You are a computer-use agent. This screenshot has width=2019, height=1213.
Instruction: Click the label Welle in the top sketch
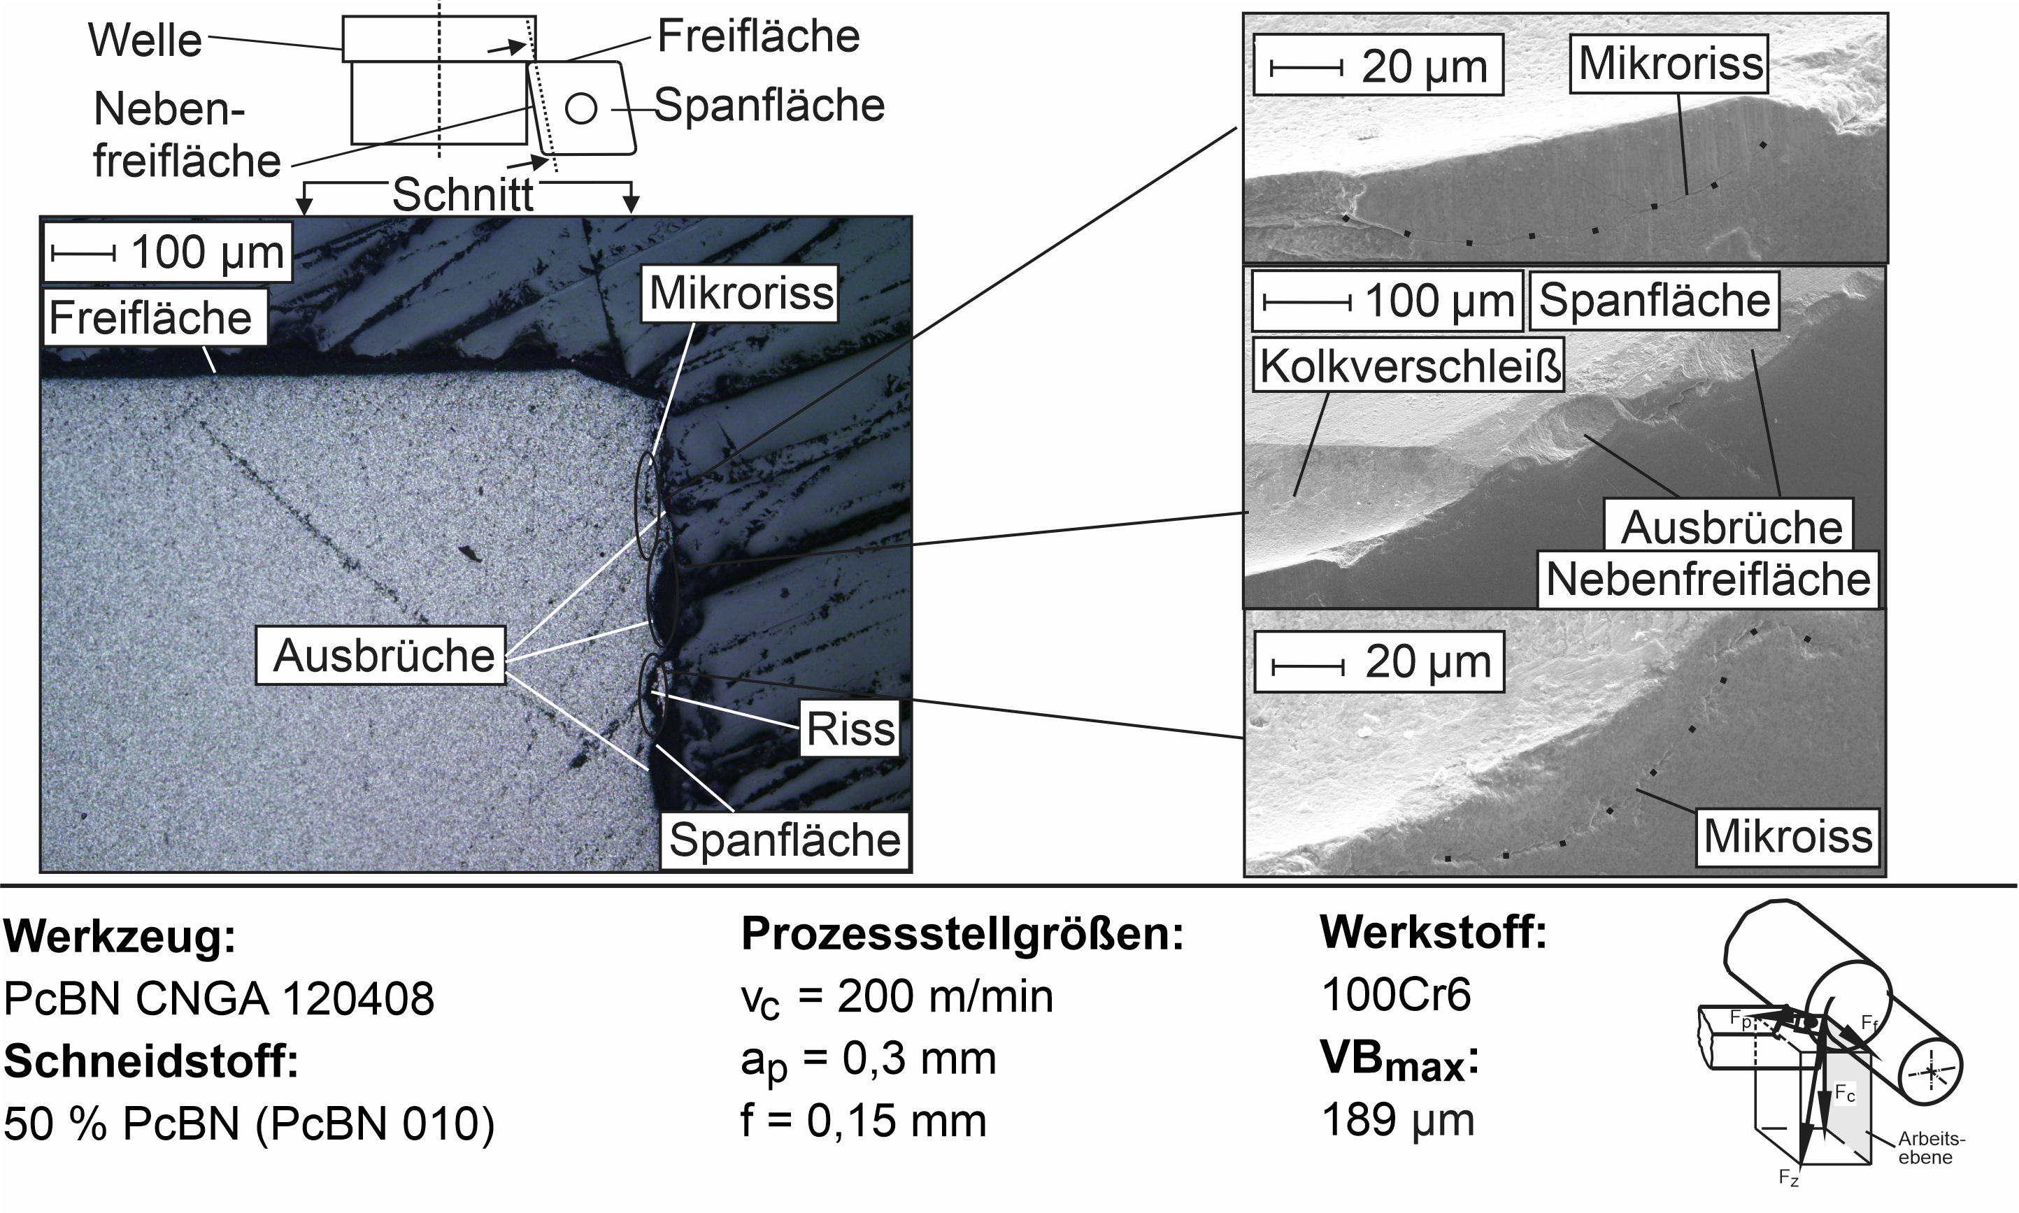pyautogui.click(x=145, y=40)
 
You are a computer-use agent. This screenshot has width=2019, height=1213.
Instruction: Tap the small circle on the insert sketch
pyautogui.click(x=581, y=108)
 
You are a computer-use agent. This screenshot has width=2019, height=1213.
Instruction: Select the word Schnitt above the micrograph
pyautogui.click(x=463, y=194)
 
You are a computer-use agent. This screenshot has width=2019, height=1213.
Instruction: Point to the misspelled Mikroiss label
pyautogui.click(x=1787, y=836)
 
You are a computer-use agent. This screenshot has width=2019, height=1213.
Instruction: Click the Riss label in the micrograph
pyautogui.click(x=850, y=728)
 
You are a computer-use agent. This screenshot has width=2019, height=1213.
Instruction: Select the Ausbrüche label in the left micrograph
pyautogui.click(x=383, y=656)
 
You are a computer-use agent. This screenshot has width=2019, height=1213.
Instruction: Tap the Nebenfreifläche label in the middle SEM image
pyautogui.click(x=1708, y=580)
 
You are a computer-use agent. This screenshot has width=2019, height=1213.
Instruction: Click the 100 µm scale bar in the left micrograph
pyautogui.click(x=83, y=253)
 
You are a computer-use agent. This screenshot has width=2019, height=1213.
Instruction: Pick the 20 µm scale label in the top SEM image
pyautogui.click(x=1424, y=66)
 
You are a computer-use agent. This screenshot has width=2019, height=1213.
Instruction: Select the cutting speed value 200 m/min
pyautogui.click(x=946, y=996)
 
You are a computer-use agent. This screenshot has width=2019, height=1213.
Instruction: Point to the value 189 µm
pyautogui.click(x=1398, y=1120)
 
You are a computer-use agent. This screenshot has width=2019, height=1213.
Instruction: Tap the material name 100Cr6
pyautogui.click(x=1396, y=995)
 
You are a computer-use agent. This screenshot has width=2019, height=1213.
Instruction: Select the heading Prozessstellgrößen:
pyautogui.click(x=962, y=934)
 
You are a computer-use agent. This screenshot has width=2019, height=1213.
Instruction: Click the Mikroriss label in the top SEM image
pyautogui.click(x=1669, y=64)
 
